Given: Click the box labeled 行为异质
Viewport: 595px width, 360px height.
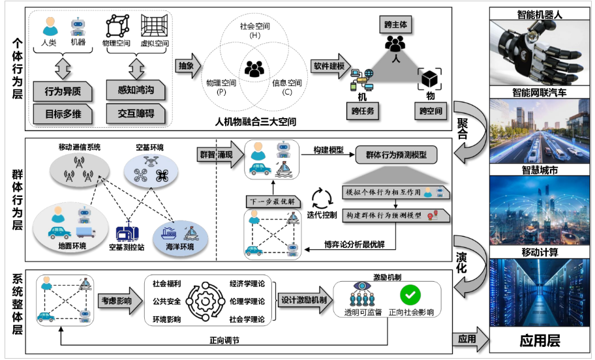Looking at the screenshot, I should point(63,91).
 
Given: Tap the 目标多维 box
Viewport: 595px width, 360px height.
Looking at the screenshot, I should point(63,113).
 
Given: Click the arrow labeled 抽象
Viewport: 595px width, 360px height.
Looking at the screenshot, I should point(187,67).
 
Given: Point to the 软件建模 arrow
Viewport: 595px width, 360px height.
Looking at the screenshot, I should point(330,67).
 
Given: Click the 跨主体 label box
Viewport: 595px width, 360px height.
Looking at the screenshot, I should point(395,23).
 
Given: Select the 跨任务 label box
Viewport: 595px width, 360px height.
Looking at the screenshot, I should point(363,112).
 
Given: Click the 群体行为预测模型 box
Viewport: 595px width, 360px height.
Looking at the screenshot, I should point(397,156).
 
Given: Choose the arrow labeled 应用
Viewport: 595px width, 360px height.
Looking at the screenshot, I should point(468,339).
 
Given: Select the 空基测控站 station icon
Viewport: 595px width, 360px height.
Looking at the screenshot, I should point(125,234).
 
